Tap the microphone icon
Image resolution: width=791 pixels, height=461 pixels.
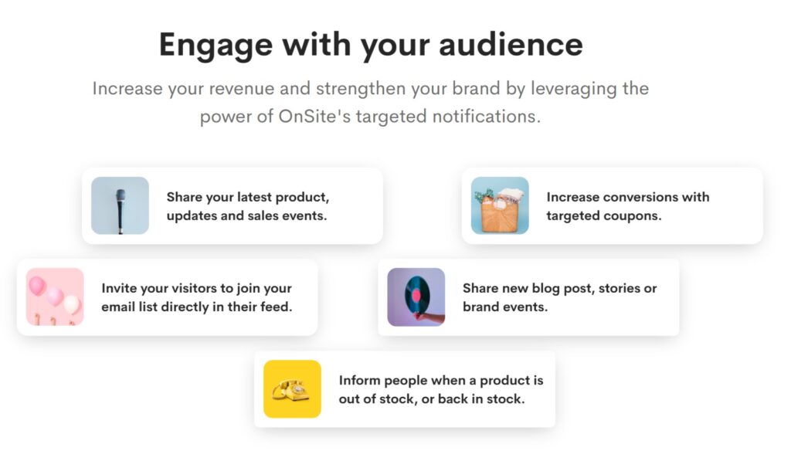tap(120, 205)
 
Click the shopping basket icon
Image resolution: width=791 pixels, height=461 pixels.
tap(500, 205)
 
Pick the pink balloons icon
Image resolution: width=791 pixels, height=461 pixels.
tap(54, 297)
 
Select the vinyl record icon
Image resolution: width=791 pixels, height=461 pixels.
tap(416, 297)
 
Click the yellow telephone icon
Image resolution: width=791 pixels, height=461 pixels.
tap(292, 388)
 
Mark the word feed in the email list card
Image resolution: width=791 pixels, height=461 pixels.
tap(277, 307)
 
